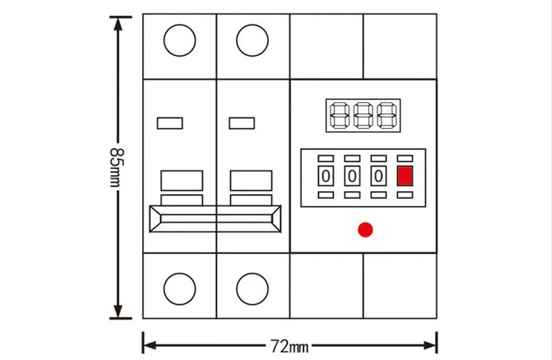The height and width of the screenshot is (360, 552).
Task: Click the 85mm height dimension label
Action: (117, 168)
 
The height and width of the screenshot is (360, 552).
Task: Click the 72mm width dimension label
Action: (289, 346)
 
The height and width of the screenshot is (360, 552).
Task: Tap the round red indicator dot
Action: (365, 230)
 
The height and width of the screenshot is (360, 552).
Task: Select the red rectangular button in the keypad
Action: (405, 176)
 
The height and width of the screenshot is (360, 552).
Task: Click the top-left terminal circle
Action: (179, 41)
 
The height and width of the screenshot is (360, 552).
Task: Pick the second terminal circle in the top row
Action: (253, 41)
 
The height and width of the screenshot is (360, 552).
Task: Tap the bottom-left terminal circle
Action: (179, 289)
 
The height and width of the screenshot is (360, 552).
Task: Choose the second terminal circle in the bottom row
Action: (253, 289)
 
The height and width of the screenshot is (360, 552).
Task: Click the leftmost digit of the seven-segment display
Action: (339, 115)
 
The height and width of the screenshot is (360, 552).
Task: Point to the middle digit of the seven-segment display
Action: (364, 115)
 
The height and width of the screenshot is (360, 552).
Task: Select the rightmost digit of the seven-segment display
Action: (387, 115)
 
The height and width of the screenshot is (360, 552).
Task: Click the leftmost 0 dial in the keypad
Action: (326, 176)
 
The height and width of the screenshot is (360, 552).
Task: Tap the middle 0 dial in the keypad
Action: (352, 176)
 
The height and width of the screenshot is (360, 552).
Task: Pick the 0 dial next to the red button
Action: (378, 176)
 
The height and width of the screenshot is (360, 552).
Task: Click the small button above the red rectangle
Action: (405, 159)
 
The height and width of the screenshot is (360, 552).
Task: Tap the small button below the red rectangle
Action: (405, 194)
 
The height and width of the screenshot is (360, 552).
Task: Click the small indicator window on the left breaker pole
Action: (170, 123)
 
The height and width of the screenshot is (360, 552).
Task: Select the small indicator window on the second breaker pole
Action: (242, 123)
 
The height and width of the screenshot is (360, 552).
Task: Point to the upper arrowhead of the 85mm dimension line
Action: (118, 23)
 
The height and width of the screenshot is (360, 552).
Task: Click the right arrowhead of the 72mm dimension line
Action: (430, 346)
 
